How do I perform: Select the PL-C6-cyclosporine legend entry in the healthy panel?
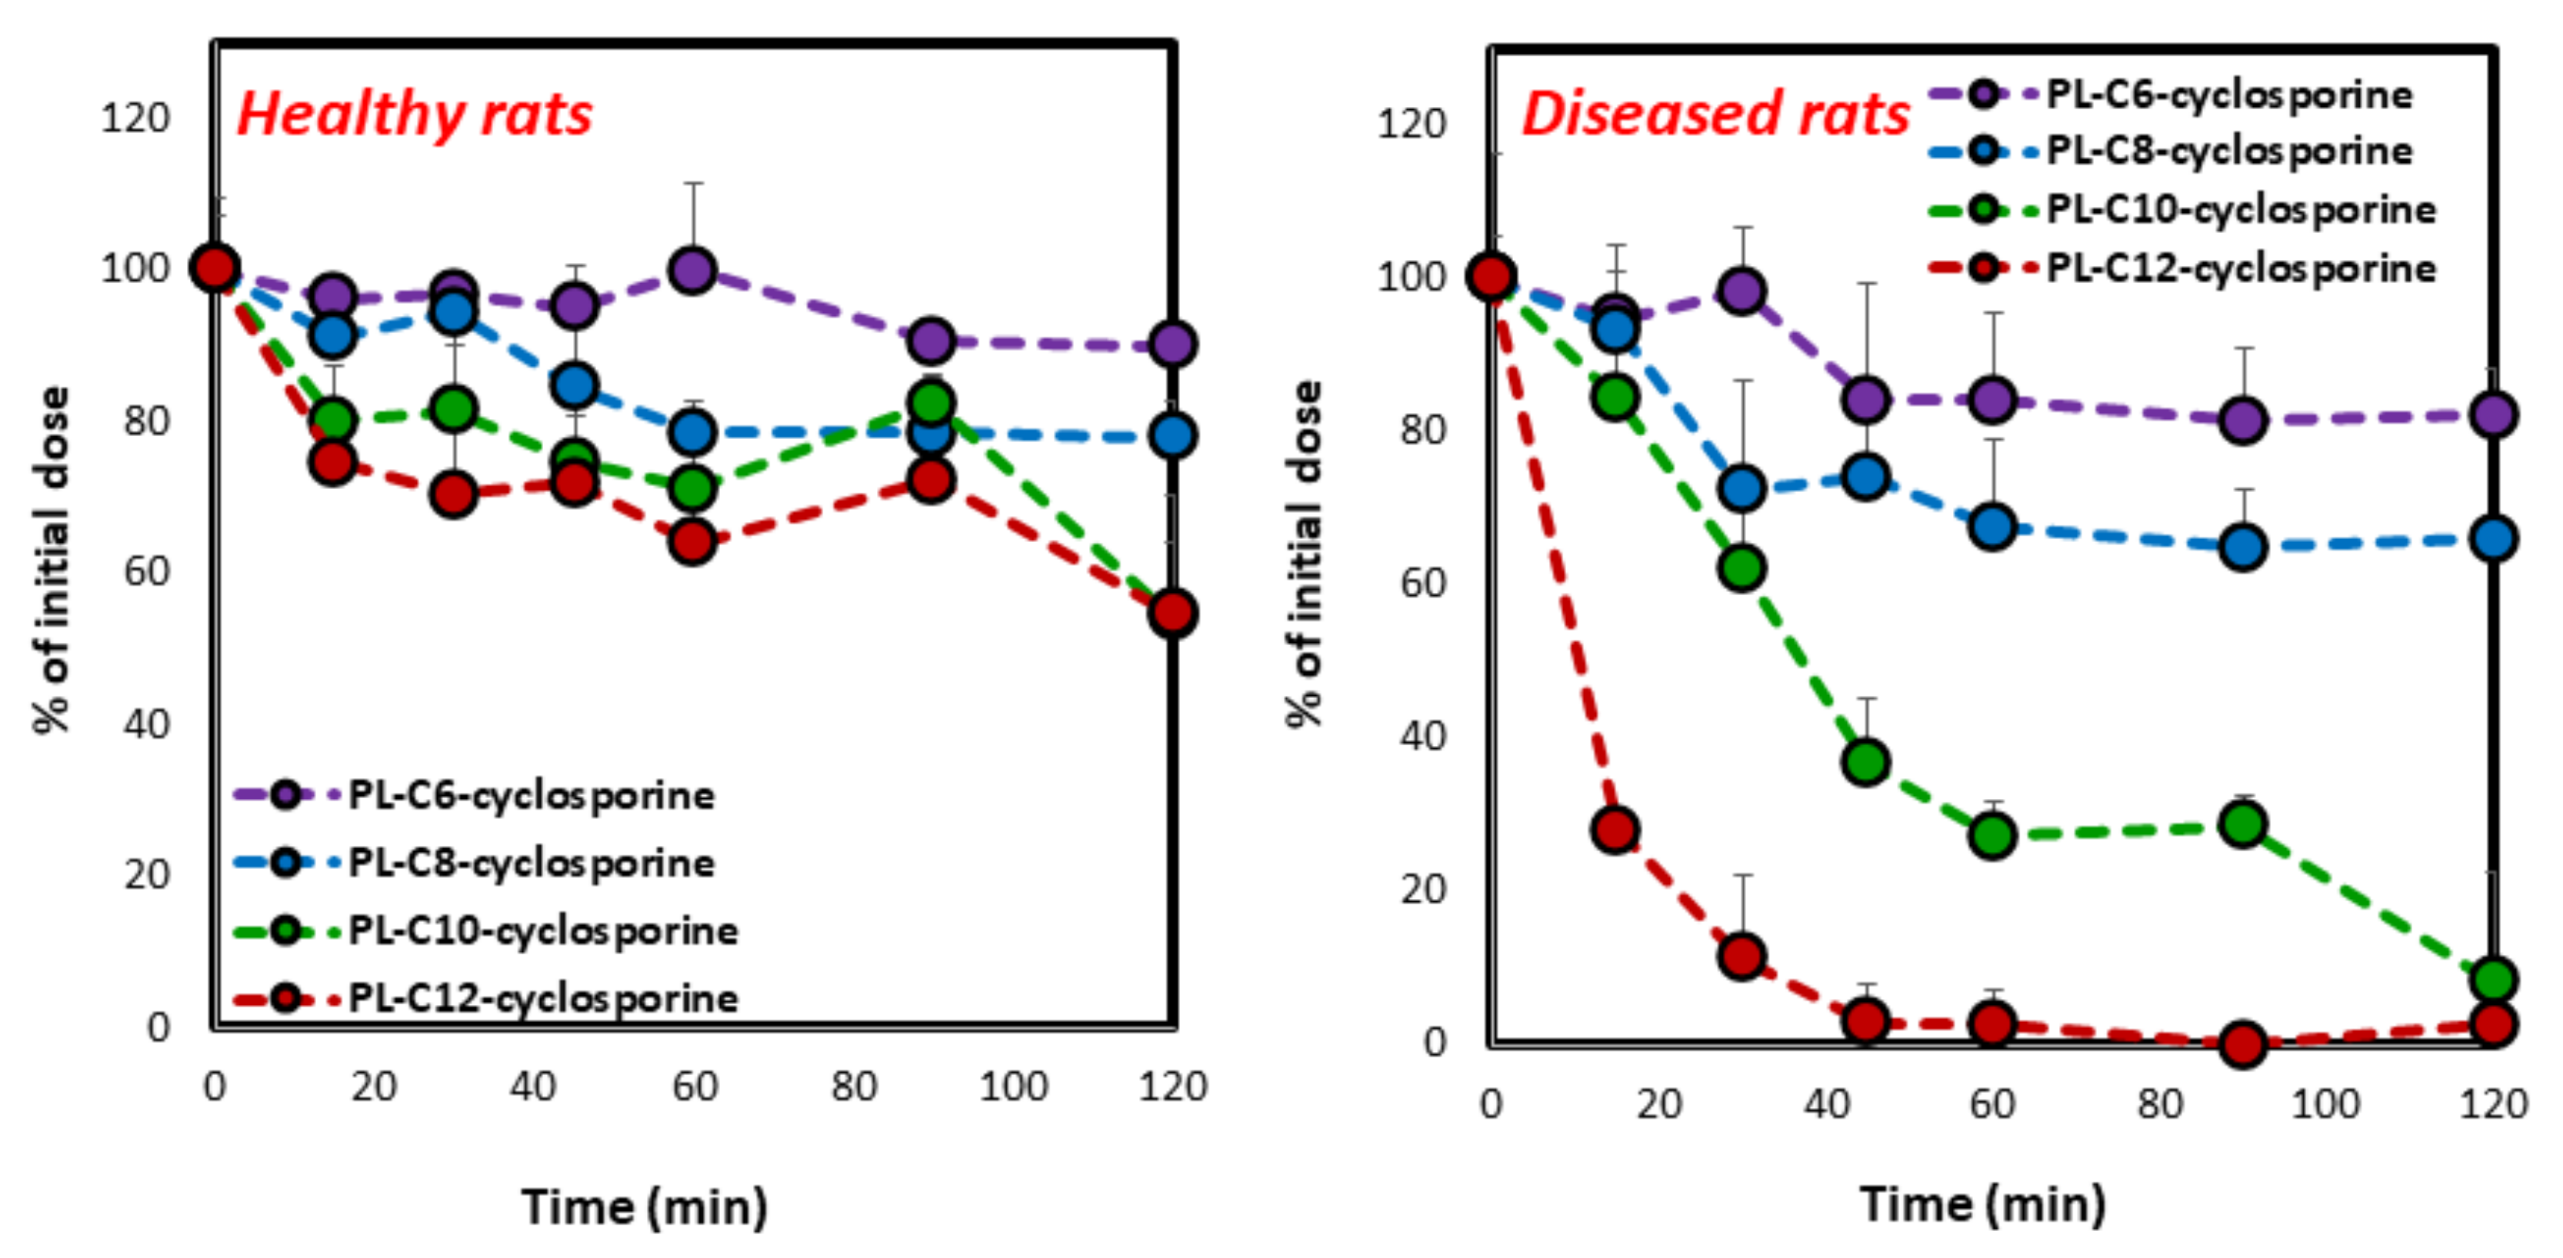coord(530,794)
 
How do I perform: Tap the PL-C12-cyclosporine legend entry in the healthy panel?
coord(542,997)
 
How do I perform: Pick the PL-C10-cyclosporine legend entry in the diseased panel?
coord(2241,210)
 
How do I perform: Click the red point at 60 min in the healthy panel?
coord(692,542)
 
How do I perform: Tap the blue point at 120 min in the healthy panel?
coord(1172,434)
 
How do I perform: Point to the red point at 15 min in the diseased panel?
coord(1615,830)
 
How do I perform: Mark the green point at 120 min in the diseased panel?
coord(2493,980)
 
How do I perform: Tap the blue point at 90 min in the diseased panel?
coord(2243,546)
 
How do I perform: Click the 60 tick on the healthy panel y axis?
coord(147,572)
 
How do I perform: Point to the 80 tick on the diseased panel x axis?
coord(2159,1104)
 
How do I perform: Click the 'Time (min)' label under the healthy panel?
coord(645,1206)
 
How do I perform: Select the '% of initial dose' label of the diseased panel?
coord(1305,553)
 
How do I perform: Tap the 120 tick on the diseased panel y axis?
coord(1410,125)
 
